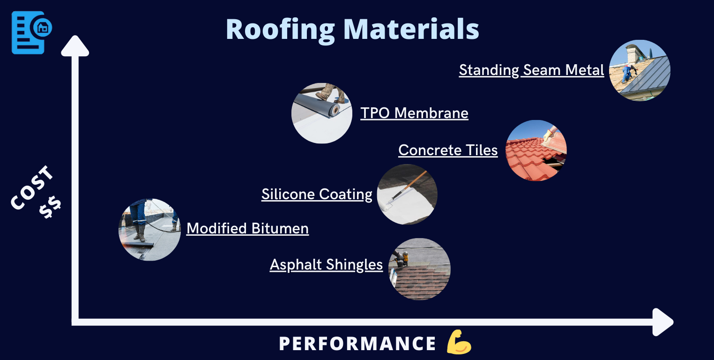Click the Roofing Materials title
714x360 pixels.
tap(352, 29)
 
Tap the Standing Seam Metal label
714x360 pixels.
tap(531, 70)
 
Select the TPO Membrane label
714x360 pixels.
tap(414, 113)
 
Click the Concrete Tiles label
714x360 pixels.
tap(448, 150)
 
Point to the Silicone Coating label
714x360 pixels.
tap(317, 195)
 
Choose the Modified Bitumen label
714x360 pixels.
tap(247, 229)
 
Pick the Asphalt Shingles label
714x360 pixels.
tap(326, 265)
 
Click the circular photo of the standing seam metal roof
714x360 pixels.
tap(640, 70)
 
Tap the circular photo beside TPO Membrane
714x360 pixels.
tap(322, 113)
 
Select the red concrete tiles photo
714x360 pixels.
tap(536, 150)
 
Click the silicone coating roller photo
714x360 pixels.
tap(407, 194)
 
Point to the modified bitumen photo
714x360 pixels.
tap(149, 229)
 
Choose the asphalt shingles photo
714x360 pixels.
tap(419, 269)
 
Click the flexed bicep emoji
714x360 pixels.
tap(459, 342)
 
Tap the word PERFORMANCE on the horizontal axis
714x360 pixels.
tap(357, 344)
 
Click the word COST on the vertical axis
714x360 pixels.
tap(32, 188)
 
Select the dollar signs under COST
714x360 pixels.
tap(50, 208)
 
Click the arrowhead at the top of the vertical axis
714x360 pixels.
tap(75, 46)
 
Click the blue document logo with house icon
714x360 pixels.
tap(31, 32)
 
